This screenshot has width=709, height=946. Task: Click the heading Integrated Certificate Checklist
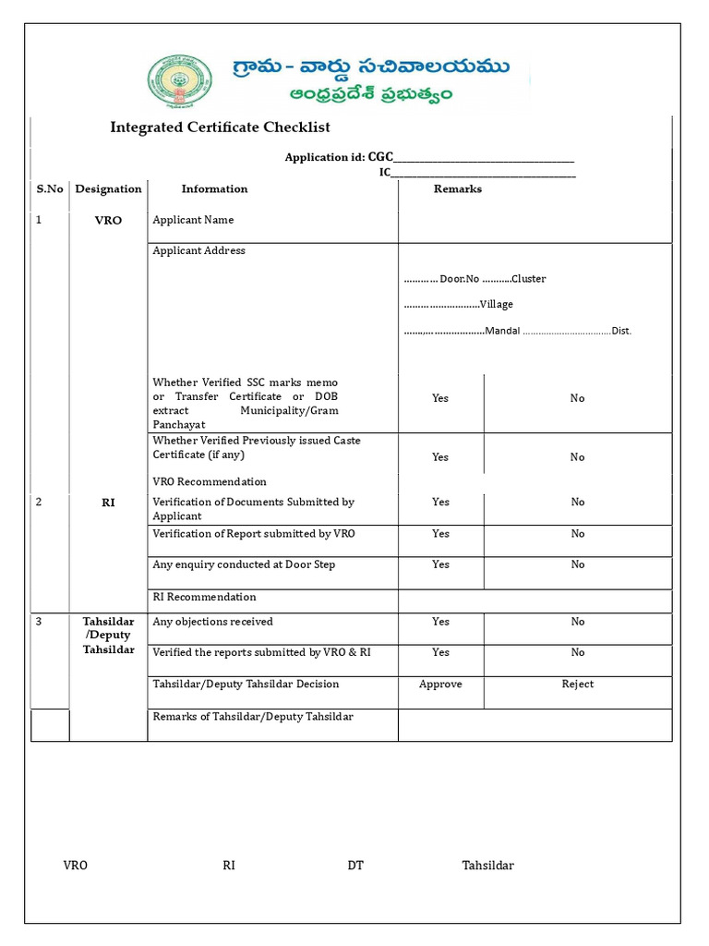pyautogui.click(x=220, y=127)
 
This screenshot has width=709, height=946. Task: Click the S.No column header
pyautogui.click(x=50, y=188)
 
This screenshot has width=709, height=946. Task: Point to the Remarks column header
pyautogui.click(x=458, y=188)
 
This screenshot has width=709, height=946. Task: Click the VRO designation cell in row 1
pyautogui.click(x=108, y=221)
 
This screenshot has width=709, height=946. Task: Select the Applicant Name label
pyautogui.click(x=193, y=220)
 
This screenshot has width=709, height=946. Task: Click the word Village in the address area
pyautogui.click(x=496, y=304)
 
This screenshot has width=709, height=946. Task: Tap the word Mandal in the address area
pyautogui.click(x=502, y=331)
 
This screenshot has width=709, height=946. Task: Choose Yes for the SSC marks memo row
pyautogui.click(x=440, y=398)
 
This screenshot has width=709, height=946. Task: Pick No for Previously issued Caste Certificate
pyautogui.click(x=577, y=457)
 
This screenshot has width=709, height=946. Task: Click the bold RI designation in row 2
pyautogui.click(x=108, y=503)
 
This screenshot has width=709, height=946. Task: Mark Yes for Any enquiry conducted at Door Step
pyautogui.click(x=440, y=564)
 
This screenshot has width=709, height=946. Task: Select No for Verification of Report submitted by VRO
pyautogui.click(x=577, y=534)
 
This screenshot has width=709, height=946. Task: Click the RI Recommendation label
pyautogui.click(x=204, y=597)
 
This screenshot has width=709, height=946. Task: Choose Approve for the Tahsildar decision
pyautogui.click(x=440, y=685)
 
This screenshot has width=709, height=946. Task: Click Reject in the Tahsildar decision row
pyautogui.click(x=577, y=685)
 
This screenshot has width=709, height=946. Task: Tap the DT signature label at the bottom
pyautogui.click(x=355, y=866)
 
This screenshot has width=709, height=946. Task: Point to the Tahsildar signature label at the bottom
pyautogui.click(x=487, y=866)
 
